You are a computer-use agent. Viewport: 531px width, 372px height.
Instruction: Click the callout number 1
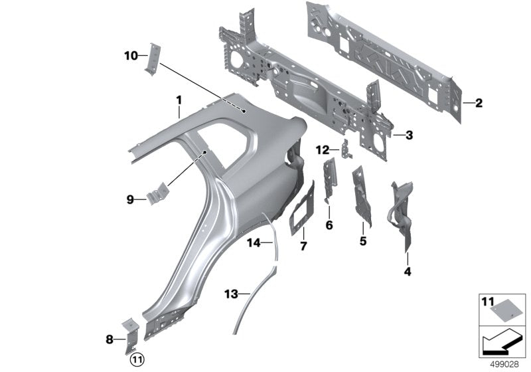click(x=179, y=100)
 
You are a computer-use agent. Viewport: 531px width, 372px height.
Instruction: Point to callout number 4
click(x=408, y=271)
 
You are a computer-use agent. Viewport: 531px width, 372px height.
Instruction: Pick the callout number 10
click(x=130, y=56)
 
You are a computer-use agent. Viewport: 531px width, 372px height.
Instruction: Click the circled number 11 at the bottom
click(x=136, y=359)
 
